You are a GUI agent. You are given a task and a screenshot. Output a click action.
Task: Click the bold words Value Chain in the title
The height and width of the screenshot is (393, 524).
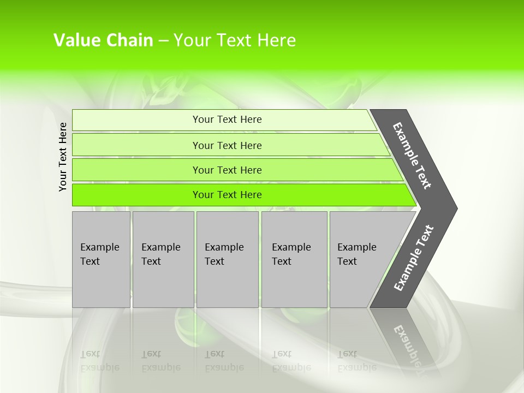click(103, 40)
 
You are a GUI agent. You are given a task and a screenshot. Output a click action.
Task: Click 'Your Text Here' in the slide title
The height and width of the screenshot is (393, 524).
click(235, 40)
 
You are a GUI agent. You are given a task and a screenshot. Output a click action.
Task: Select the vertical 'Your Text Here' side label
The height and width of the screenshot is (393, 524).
click(63, 157)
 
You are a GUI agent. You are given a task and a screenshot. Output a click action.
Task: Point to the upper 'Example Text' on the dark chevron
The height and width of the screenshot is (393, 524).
click(412, 156)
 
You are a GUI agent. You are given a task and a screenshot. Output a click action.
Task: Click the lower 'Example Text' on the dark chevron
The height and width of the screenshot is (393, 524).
click(413, 258)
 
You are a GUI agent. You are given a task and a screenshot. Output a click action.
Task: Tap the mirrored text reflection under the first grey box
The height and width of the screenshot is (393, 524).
click(99, 361)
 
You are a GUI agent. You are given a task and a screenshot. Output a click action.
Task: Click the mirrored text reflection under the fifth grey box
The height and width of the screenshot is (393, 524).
click(356, 361)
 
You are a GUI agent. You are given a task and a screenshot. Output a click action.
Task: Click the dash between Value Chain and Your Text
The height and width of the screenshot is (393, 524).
click(163, 40)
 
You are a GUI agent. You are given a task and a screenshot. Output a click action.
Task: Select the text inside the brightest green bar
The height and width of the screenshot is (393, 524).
click(227, 195)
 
